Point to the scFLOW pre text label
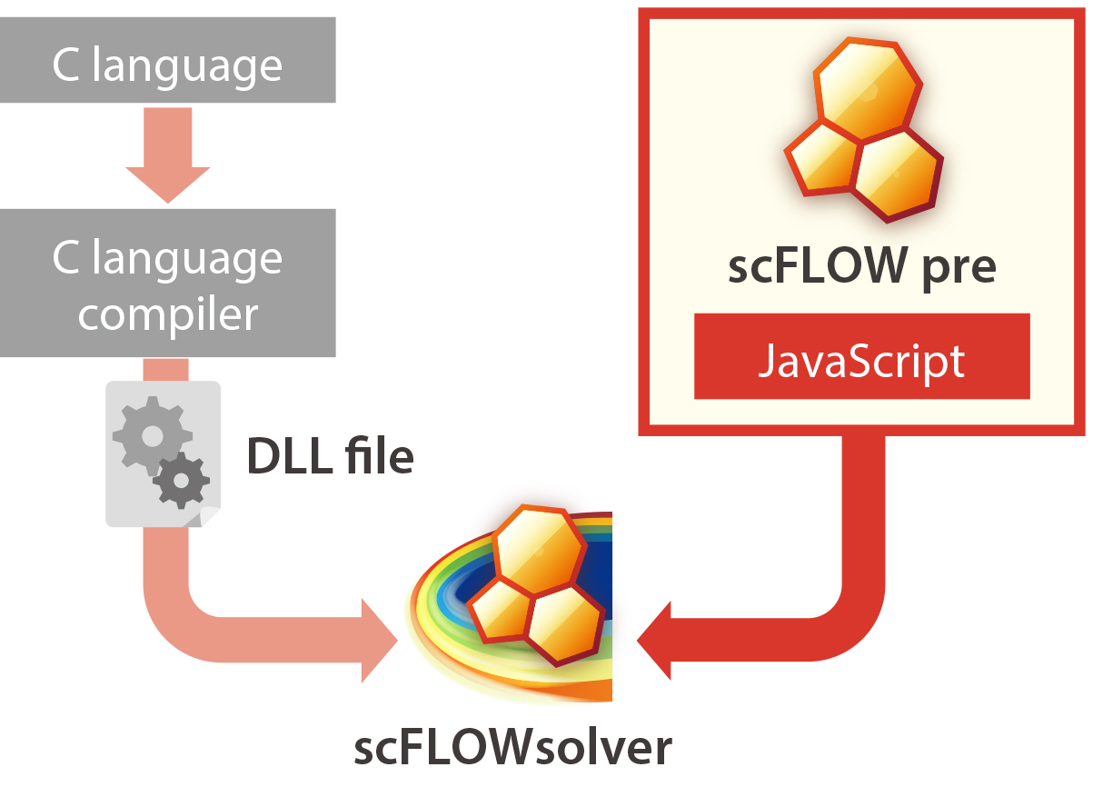[x=861, y=266]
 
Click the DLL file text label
[x=331, y=457]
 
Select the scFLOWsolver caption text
[x=512, y=747]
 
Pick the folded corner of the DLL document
[x=208, y=516]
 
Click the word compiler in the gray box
[x=168, y=314]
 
